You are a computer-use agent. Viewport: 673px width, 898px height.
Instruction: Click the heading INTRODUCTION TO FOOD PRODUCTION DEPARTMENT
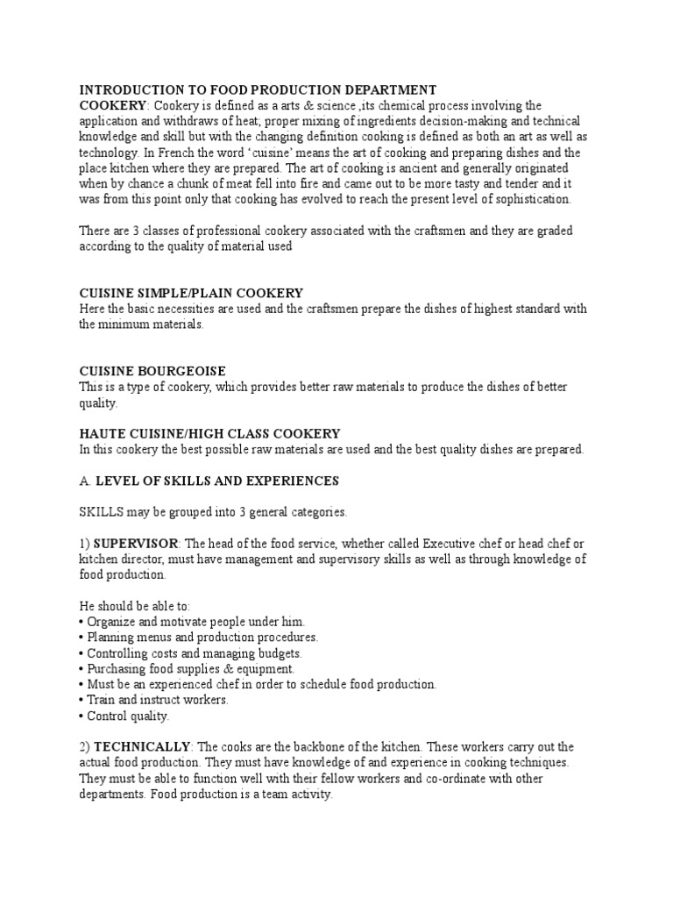coord(258,89)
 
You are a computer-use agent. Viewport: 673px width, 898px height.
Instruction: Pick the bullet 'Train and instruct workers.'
coord(158,700)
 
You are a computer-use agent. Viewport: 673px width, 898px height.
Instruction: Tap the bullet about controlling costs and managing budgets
coord(194,653)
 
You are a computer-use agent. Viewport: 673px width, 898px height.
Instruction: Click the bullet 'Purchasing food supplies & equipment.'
coord(188,669)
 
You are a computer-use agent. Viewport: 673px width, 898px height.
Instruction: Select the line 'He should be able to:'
coord(134,606)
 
